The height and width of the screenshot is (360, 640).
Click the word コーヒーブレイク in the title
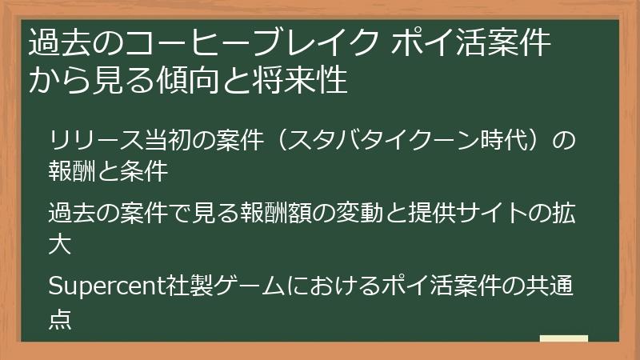point(237,42)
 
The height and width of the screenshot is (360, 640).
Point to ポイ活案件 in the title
point(471,42)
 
